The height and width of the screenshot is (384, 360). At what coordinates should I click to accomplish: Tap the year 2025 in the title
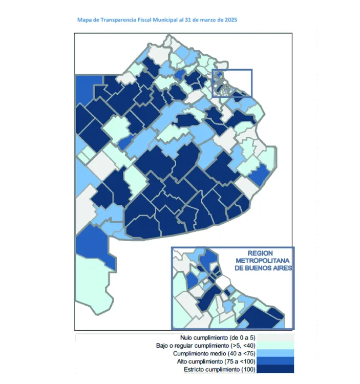point(229,19)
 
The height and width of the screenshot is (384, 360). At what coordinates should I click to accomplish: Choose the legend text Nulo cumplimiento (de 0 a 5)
point(218,338)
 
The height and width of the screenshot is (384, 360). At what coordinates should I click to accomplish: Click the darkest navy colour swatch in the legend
point(276,369)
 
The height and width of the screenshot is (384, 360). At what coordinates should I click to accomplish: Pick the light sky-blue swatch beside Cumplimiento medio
point(276,354)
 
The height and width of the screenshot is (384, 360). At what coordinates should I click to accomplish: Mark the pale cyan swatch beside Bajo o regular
point(276,346)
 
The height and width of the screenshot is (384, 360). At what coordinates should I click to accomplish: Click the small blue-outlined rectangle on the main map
point(232,83)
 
